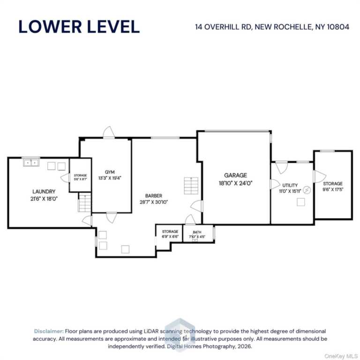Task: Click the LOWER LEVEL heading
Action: tap(79, 27)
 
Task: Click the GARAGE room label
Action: tap(236, 175)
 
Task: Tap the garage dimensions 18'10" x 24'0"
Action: tap(236, 183)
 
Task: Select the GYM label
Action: tap(110, 172)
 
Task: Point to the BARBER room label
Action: tap(154, 196)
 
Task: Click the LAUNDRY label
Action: tap(44, 191)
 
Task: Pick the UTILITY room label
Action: tap(290, 185)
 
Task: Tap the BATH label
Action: tap(197, 232)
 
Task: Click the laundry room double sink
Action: tap(31, 163)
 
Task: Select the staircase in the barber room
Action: tap(191, 186)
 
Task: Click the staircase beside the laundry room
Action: tap(85, 203)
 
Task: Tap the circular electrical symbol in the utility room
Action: tap(307, 190)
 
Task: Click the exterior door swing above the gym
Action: tap(109, 133)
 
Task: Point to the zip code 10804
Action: tap(338, 27)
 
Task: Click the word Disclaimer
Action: tap(49, 331)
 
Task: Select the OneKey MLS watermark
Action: tap(341, 356)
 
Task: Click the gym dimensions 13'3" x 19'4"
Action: tap(110, 178)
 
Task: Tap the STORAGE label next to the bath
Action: tap(170, 232)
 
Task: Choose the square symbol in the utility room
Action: tap(301, 202)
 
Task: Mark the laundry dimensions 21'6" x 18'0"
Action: tap(44, 199)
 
